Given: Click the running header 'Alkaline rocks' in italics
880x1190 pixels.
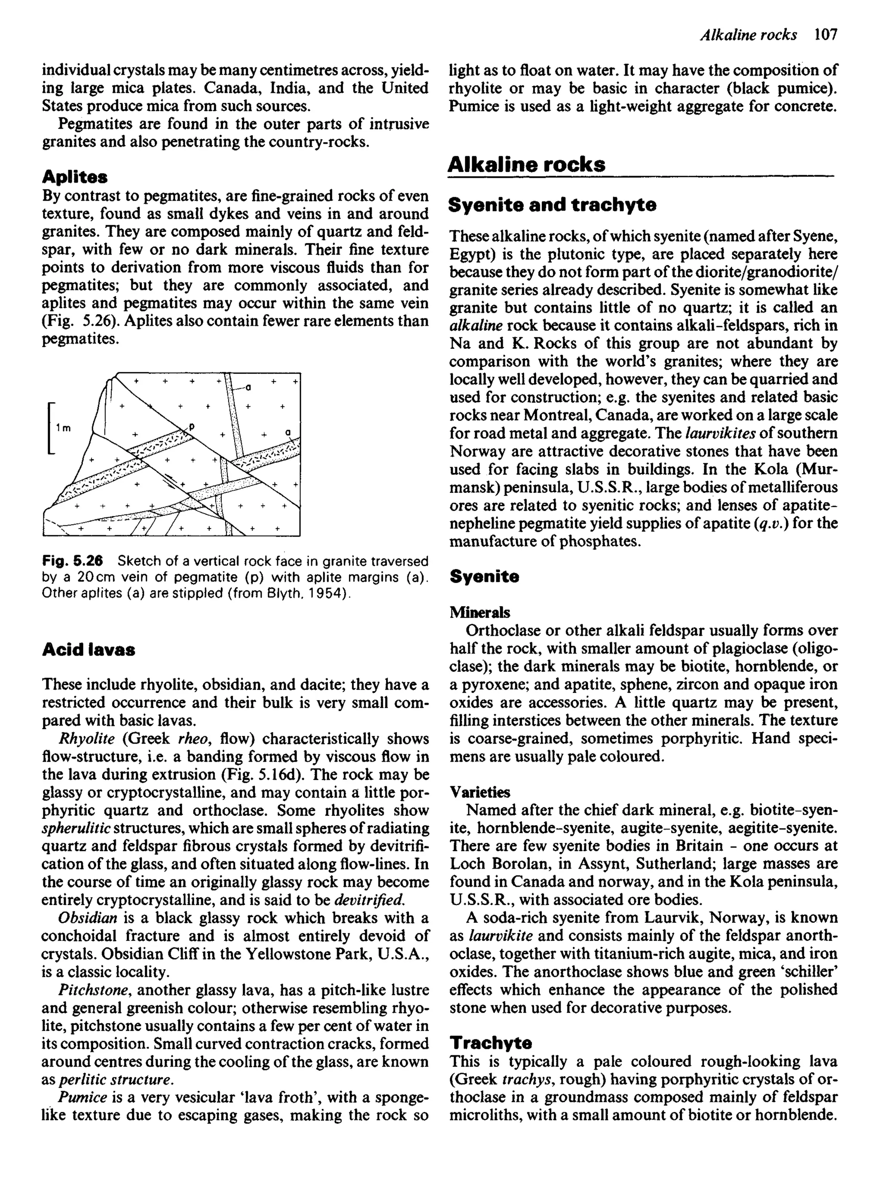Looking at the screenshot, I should (x=748, y=35).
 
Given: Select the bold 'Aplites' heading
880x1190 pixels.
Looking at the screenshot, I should (x=75, y=176).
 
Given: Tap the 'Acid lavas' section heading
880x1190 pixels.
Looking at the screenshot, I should (x=89, y=650).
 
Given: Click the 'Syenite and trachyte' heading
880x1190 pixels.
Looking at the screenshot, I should (x=553, y=204).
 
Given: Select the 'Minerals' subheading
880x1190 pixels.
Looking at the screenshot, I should (x=480, y=612).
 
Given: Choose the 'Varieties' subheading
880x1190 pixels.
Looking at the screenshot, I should (x=480, y=792).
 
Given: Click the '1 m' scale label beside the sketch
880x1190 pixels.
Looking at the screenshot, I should (x=64, y=427).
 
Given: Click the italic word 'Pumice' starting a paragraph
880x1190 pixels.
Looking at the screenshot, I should (x=82, y=1097).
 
